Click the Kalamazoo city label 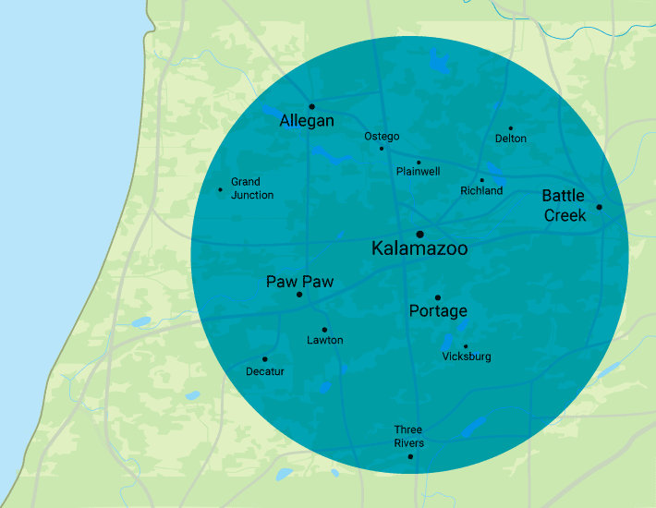(x=419, y=248)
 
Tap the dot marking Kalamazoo (x=419, y=234)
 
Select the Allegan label (x=307, y=121)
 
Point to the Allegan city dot (x=311, y=106)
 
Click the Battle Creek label (x=564, y=205)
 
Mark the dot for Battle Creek (x=599, y=207)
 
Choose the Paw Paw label (x=299, y=282)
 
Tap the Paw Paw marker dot (x=299, y=295)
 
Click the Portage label (x=438, y=311)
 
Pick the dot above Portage (x=438, y=297)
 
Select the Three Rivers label (x=408, y=436)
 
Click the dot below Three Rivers (x=410, y=456)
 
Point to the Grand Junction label (x=251, y=188)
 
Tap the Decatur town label (x=265, y=371)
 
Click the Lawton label (x=324, y=340)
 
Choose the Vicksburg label (x=467, y=357)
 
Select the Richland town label (x=481, y=190)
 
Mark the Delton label (x=511, y=139)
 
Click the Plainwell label (x=418, y=172)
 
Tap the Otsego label (x=382, y=137)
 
